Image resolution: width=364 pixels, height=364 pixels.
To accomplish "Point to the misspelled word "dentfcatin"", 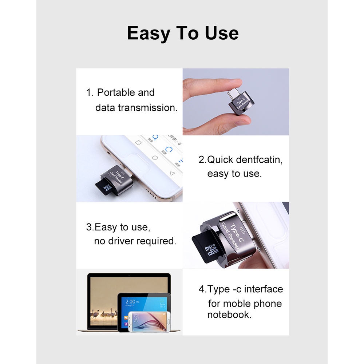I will [x=259, y=159].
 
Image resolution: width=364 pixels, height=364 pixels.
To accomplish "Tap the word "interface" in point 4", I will [x=264, y=289].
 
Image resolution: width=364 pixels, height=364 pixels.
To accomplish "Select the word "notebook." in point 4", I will [x=229, y=314].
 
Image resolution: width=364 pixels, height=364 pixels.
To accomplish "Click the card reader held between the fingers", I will [x=239, y=104].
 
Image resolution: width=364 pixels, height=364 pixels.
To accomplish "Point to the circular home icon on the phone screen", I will [x=155, y=158].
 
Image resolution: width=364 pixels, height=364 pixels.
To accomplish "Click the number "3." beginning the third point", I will [x=90, y=227].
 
